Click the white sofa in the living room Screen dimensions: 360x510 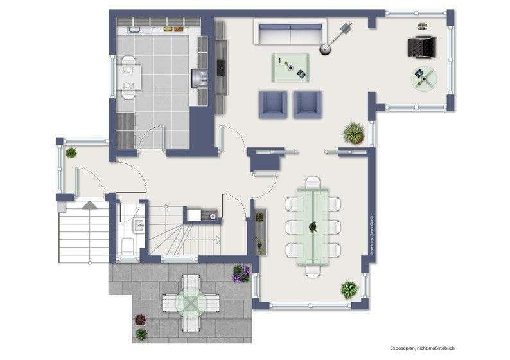coord(288,33)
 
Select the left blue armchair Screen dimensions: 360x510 coord(273,104)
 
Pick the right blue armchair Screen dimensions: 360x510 coord(307,104)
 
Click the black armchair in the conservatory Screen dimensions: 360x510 coord(422,46)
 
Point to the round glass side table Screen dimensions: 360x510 coord(423,79)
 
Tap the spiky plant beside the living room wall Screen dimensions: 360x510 coord(353,134)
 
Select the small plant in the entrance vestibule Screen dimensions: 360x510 coord(71,152)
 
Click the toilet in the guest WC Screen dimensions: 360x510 coord(127,245)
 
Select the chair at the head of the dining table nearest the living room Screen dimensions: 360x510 coord(313,182)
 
